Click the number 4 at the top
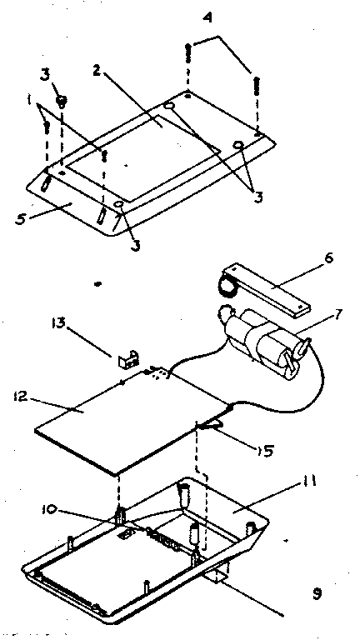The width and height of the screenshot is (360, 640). click(x=207, y=19)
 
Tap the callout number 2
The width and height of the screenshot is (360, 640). click(x=97, y=70)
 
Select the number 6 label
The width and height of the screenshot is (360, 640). click(x=329, y=258)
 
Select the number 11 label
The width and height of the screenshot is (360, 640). click(x=309, y=482)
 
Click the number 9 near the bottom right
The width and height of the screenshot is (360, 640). click(x=317, y=594)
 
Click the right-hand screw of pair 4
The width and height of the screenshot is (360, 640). click(x=257, y=87)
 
